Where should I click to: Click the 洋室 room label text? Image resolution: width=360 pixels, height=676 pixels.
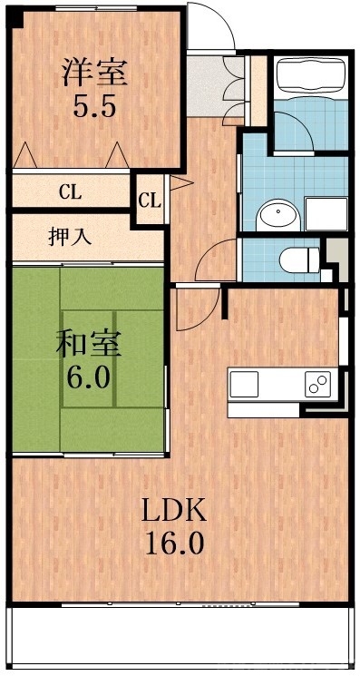(x=94, y=72)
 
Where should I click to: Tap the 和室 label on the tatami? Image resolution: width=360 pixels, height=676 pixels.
(x=88, y=345)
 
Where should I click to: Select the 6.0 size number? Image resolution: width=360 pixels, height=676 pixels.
(x=88, y=376)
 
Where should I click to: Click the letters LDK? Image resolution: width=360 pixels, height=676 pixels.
(x=172, y=511)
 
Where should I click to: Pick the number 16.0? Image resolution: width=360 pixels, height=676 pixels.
(x=172, y=544)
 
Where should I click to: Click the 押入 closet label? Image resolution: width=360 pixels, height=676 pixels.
(x=69, y=238)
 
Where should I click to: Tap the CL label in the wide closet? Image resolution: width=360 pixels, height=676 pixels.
(x=69, y=191)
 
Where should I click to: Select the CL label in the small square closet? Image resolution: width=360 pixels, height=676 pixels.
(x=151, y=200)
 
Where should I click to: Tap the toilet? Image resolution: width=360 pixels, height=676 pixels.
(x=295, y=260)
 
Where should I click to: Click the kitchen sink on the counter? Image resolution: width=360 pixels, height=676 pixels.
(x=244, y=385)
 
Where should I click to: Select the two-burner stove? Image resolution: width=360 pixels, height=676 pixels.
(x=318, y=385)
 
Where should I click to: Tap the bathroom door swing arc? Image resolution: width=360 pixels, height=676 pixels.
(x=292, y=136)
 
